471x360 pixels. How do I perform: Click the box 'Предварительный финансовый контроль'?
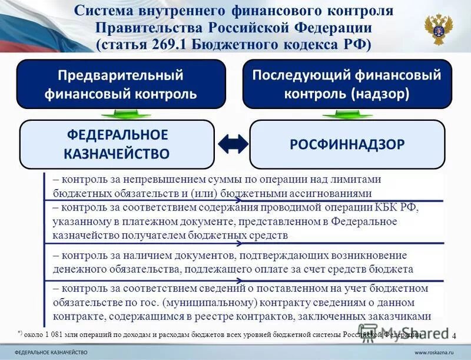pos(120,84)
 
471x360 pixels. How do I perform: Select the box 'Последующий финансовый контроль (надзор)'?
pos(346,84)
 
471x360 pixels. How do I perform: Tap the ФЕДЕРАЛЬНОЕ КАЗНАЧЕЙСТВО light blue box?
pos(117,144)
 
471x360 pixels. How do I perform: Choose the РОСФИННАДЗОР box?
pos(347,144)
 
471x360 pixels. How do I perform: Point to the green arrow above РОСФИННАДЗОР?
pos(347,113)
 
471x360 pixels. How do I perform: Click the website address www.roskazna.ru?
pos(434,352)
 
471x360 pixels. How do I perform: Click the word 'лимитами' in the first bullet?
pos(360,180)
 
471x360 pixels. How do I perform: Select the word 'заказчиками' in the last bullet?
pos(402,316)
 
